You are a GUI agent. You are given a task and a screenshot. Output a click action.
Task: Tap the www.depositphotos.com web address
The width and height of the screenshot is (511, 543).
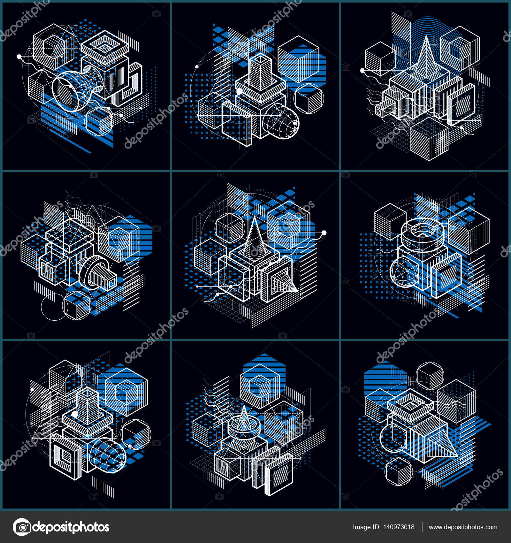coord(463,527)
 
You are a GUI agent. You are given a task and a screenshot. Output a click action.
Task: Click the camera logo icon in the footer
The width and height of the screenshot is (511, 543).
coord(21,527)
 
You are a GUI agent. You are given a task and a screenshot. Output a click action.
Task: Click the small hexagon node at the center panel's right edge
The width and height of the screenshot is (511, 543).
coord(324,232)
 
